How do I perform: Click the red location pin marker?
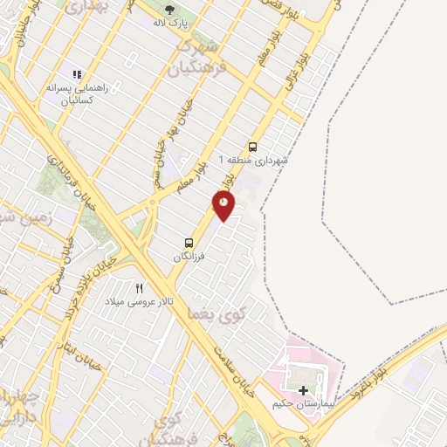pos(223,204)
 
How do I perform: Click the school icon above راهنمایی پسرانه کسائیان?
pos(77,75)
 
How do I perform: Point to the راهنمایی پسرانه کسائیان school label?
pos(77,93)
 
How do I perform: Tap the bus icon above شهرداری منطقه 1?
pos(252,147)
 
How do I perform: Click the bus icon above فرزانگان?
pos(189,243)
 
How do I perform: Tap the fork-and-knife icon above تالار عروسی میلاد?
pos(139,287)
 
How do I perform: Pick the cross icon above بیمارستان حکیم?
pos(304,390)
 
